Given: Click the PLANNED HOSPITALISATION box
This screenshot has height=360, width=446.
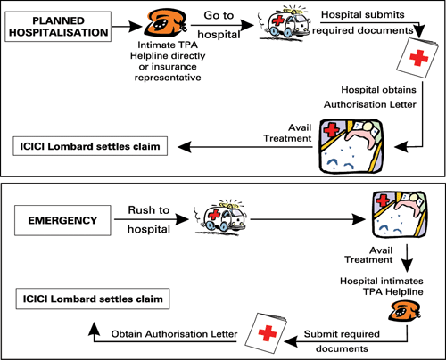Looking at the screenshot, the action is pos(58,27).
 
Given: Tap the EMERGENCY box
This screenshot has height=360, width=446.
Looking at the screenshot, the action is pos(62,220).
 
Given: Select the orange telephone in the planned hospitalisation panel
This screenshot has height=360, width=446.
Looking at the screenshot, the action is pos(165,22).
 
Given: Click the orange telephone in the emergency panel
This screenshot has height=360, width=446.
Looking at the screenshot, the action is pos(405,311).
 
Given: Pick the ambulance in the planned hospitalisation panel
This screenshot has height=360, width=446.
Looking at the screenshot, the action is pos(284,23).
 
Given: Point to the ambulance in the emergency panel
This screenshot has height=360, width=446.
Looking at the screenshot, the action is pos(220,217).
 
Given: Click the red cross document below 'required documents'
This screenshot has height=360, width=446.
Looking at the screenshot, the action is pos(417,59).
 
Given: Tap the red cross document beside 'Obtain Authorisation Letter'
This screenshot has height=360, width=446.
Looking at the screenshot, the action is pos(266,332).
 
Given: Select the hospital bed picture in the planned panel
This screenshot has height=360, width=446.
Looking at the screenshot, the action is pos(351,146).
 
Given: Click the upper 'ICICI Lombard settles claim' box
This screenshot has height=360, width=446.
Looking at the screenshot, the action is pos(90,146).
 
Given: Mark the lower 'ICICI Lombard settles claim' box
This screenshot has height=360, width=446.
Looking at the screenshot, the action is pos(93,299).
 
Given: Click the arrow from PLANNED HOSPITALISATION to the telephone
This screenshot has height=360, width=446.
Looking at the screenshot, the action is pos(128,27).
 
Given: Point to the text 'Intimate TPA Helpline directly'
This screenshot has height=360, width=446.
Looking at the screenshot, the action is pos(168,50).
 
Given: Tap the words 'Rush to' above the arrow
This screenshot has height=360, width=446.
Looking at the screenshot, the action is pos(149,210).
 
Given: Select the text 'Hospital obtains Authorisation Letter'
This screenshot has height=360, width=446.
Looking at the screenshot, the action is pos(370,97).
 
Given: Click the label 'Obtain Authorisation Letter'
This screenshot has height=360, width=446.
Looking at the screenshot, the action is pos(174,334).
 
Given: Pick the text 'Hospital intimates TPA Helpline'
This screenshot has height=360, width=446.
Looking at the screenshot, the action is pos(382,286).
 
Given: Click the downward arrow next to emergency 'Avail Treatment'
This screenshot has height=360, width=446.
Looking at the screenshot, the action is pos(407,258).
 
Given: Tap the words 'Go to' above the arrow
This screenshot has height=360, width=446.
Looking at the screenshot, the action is pos(219,15).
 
